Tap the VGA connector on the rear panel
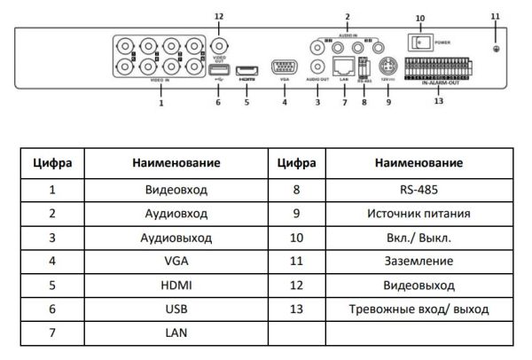[285, 68]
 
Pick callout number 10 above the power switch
[420, 18]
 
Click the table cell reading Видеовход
[176, 190]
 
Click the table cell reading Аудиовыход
[176, 238]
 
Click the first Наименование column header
[176, 165]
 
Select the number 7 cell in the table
[52, 333]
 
